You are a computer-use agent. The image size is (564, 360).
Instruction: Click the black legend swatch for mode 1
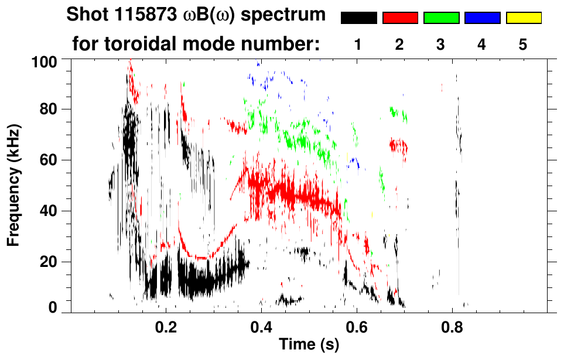(x=358, y=18)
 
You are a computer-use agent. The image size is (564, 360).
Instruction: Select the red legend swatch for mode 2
(x=400, y=18)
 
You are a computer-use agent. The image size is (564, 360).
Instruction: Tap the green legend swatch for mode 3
(x=441, y=18)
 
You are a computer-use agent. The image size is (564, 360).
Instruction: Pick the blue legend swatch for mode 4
(x=482, y=18)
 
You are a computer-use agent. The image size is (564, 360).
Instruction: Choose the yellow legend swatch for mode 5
(x=524, y=18)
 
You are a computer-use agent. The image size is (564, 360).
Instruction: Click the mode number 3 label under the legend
(x=440, y=45)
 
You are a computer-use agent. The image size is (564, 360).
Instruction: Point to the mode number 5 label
(x=523, y=45)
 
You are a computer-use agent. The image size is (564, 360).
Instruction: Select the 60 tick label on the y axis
(x=49, y=160)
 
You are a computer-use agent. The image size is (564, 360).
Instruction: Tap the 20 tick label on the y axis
(x=49, y=262)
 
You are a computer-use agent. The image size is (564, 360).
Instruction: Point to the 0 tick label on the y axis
(x=53, y=308)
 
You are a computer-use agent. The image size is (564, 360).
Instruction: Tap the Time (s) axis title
(x=309, y=345)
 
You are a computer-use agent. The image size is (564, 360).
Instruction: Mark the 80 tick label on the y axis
(x=49, y=109)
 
